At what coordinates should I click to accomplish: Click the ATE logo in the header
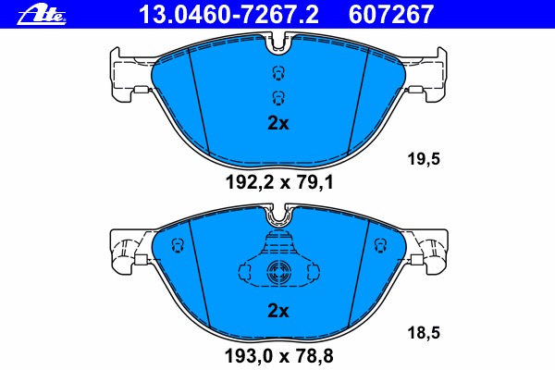[x=42, y=15]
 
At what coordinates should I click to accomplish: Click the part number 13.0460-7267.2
[x=229, y=15]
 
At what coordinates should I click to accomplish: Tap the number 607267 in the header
[x=391, y=15]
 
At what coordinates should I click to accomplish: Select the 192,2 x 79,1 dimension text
[x=279, y=183]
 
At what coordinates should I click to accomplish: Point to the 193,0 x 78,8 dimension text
[x=279, y=356]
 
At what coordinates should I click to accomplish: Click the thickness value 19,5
[x=424, y=158]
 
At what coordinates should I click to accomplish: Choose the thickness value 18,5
[x=424, y=333]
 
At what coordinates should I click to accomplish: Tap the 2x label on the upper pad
[x=278, y=123]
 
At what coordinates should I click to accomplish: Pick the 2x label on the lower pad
[x=278, y=311]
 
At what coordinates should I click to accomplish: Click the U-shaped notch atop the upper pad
[x=278, y=49]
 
